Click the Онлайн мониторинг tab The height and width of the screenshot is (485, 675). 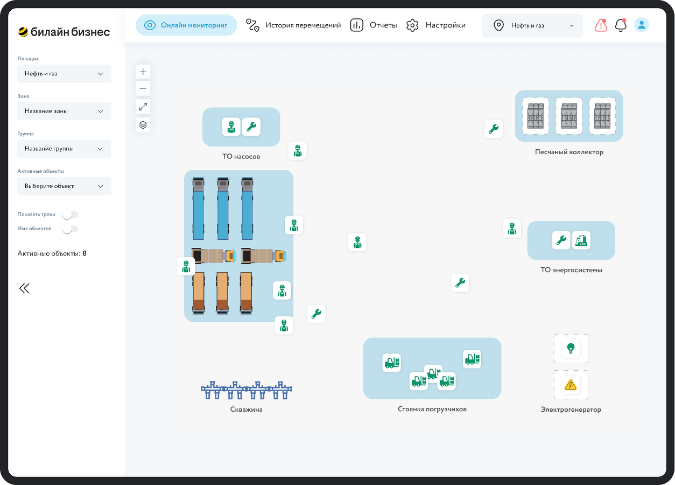(186, 25)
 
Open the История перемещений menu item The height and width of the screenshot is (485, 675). (293, 25)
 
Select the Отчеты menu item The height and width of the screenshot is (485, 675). (374, 25)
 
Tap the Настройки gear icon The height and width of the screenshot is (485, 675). (412, 25)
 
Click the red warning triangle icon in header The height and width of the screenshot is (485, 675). (601, 25)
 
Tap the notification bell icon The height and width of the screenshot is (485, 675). (621, 25)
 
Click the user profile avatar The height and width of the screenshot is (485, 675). (641, 25)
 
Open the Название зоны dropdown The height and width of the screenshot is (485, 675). (64, 111)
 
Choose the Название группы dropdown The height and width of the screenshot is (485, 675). (64, 149)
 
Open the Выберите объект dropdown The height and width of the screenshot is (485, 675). (64, 186)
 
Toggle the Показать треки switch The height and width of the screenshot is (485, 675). (70, 214)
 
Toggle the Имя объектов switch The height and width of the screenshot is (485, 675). (70, 228)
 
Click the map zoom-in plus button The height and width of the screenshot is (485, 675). (143, 72)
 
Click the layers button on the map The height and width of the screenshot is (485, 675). (143, 124)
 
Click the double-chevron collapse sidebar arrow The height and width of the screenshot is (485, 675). (24, 288)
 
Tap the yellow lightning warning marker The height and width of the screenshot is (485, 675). (571, 385)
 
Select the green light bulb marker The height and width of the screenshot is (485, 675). (571, 349)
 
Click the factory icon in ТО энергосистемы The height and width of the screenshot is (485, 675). (581, 240)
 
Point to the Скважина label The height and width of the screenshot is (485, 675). (246, 410)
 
